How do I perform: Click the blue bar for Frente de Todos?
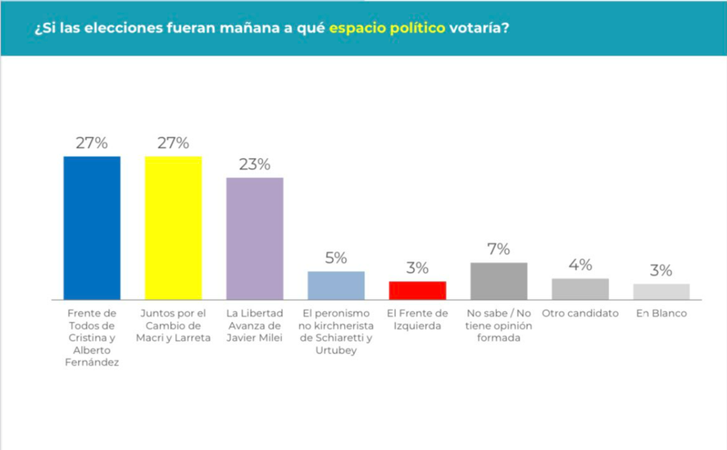pos(92,227)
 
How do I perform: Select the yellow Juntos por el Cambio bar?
pos(173,227)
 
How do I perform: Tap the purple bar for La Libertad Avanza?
pos(254,238)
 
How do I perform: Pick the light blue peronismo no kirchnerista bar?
pos(336,284)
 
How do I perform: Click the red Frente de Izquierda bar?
pos(417,290)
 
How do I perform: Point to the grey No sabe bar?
pos(498,280)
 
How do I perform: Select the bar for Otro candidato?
pos(579,289)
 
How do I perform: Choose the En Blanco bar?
pos(661,291)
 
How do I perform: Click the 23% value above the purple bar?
pos(254,164)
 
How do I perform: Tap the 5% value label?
pos(336,257)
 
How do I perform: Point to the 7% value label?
pos(498,249)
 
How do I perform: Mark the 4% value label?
pos(579,265)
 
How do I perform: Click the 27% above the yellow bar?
pos(173,143)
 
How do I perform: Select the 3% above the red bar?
pos(417,268)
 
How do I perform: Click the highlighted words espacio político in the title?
pos(388,28)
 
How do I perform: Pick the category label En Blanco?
pos(661,313)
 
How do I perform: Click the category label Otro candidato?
pos(579,313)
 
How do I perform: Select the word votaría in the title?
pos(479,28)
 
